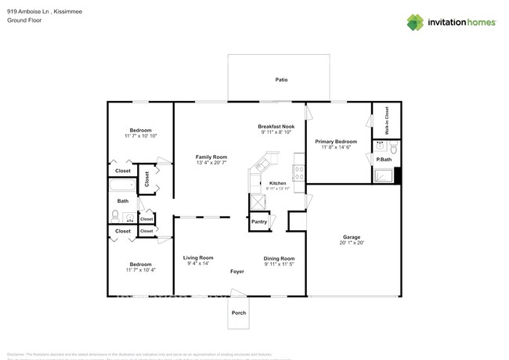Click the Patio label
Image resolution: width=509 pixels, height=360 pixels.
tap(281, 80)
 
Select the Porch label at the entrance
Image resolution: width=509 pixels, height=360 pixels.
tap(239, 313)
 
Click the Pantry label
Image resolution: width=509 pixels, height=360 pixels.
tap(258, 221)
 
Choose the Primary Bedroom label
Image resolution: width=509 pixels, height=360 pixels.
tap(335, 142)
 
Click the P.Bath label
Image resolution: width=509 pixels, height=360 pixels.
tap(384, 160)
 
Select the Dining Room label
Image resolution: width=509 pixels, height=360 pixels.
tap(279, 257)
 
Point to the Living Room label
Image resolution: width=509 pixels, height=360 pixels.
tap(199, 257)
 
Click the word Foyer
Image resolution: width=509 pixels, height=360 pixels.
tap(237, 272)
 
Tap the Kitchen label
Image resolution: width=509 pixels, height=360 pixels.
tap(278, 182)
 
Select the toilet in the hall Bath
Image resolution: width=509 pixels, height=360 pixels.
tap(115, 214)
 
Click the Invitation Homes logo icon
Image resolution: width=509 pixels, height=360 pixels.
tap(415, 22)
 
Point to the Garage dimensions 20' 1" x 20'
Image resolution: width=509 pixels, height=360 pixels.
tap(352, 243)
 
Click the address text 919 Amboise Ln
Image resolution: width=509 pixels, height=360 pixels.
tap(29, 12)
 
